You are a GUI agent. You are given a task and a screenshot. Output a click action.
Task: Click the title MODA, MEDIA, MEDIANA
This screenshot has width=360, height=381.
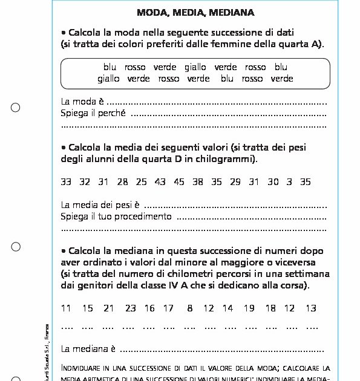tap(195, 12)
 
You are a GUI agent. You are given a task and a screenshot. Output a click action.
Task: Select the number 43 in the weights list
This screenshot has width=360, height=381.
tap(160, 181)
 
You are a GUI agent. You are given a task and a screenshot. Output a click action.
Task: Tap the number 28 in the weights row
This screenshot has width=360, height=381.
tap(123, 181)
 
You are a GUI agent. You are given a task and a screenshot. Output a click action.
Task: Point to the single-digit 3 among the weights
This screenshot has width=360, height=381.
tap(289, 181)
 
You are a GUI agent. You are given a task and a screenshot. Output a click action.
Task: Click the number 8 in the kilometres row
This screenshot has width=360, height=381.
tap(190, 308)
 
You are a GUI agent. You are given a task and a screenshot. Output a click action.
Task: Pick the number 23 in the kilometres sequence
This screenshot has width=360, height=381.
tap(131, 308)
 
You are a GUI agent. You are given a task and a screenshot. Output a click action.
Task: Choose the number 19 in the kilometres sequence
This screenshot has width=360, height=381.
tap(249, 308)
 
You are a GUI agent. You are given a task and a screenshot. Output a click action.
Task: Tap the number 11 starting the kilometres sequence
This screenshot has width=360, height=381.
tap(66, 308)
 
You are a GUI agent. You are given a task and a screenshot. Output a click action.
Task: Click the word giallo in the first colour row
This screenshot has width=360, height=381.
tap(195, 67)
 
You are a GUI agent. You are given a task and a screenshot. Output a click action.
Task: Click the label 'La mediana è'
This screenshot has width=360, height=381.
tap(88, 349)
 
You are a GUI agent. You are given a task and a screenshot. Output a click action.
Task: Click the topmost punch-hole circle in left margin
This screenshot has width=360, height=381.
tap(16, 108)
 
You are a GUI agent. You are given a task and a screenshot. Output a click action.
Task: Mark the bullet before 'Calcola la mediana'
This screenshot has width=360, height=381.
tap(64, 250)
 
